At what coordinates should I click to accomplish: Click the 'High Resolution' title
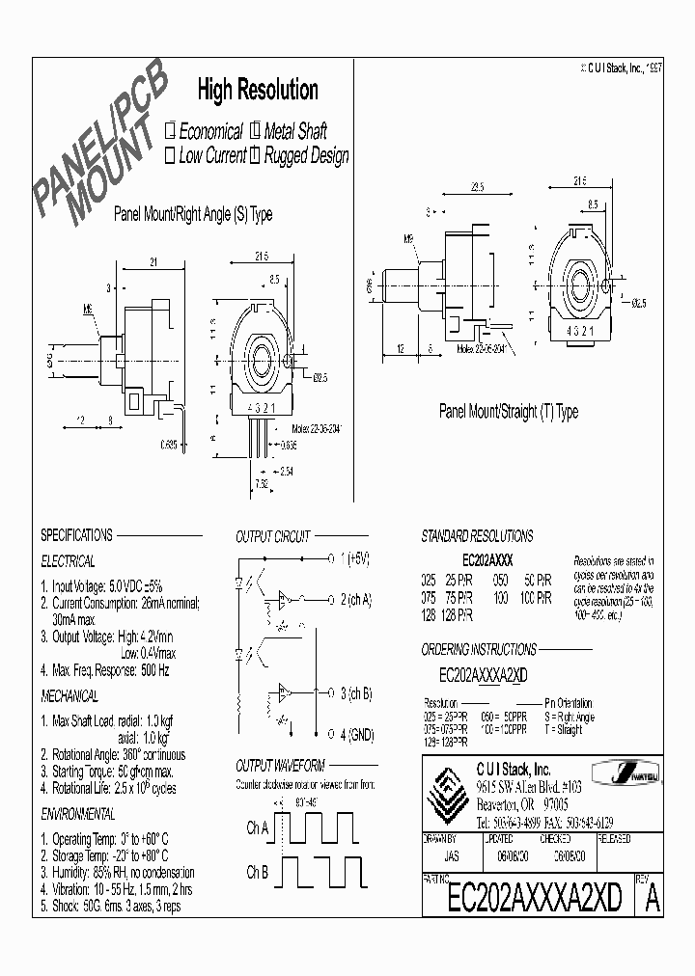point(258,91)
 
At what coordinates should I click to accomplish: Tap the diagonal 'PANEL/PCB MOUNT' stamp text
point(99,145)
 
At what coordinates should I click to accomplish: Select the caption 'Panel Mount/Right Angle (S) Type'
point(193,214)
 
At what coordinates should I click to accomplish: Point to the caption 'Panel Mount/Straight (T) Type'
point(509,412)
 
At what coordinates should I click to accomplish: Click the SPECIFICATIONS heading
point(76,535)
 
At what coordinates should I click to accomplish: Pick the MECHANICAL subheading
point(69,695)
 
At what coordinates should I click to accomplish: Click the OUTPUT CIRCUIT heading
point(273,536)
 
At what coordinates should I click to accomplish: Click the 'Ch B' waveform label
point(258,873)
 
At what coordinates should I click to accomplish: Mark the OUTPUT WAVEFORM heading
point(280,766)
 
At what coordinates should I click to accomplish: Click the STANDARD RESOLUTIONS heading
point(477,535)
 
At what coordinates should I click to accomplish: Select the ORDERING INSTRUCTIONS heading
point(479,650)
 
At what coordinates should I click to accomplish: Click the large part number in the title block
point(535,899)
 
